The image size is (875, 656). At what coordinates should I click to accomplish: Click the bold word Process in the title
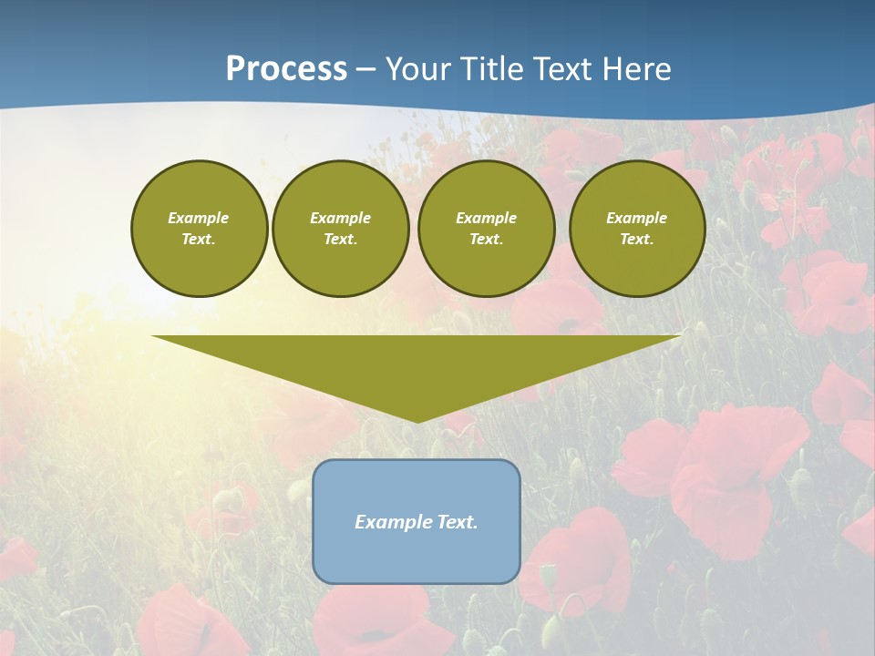(286, 69)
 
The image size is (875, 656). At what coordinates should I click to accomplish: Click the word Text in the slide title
(560, 69)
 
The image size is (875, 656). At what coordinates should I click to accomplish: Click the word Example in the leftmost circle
(199, 218)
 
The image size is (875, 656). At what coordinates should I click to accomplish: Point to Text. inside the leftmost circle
(199, 240)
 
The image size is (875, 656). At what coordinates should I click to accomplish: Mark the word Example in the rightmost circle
(637, 218)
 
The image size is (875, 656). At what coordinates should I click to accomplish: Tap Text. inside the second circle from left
(340, 240)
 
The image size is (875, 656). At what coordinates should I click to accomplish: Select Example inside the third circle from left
(486, 218)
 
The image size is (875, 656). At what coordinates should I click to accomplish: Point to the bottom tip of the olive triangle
(417, 420)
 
